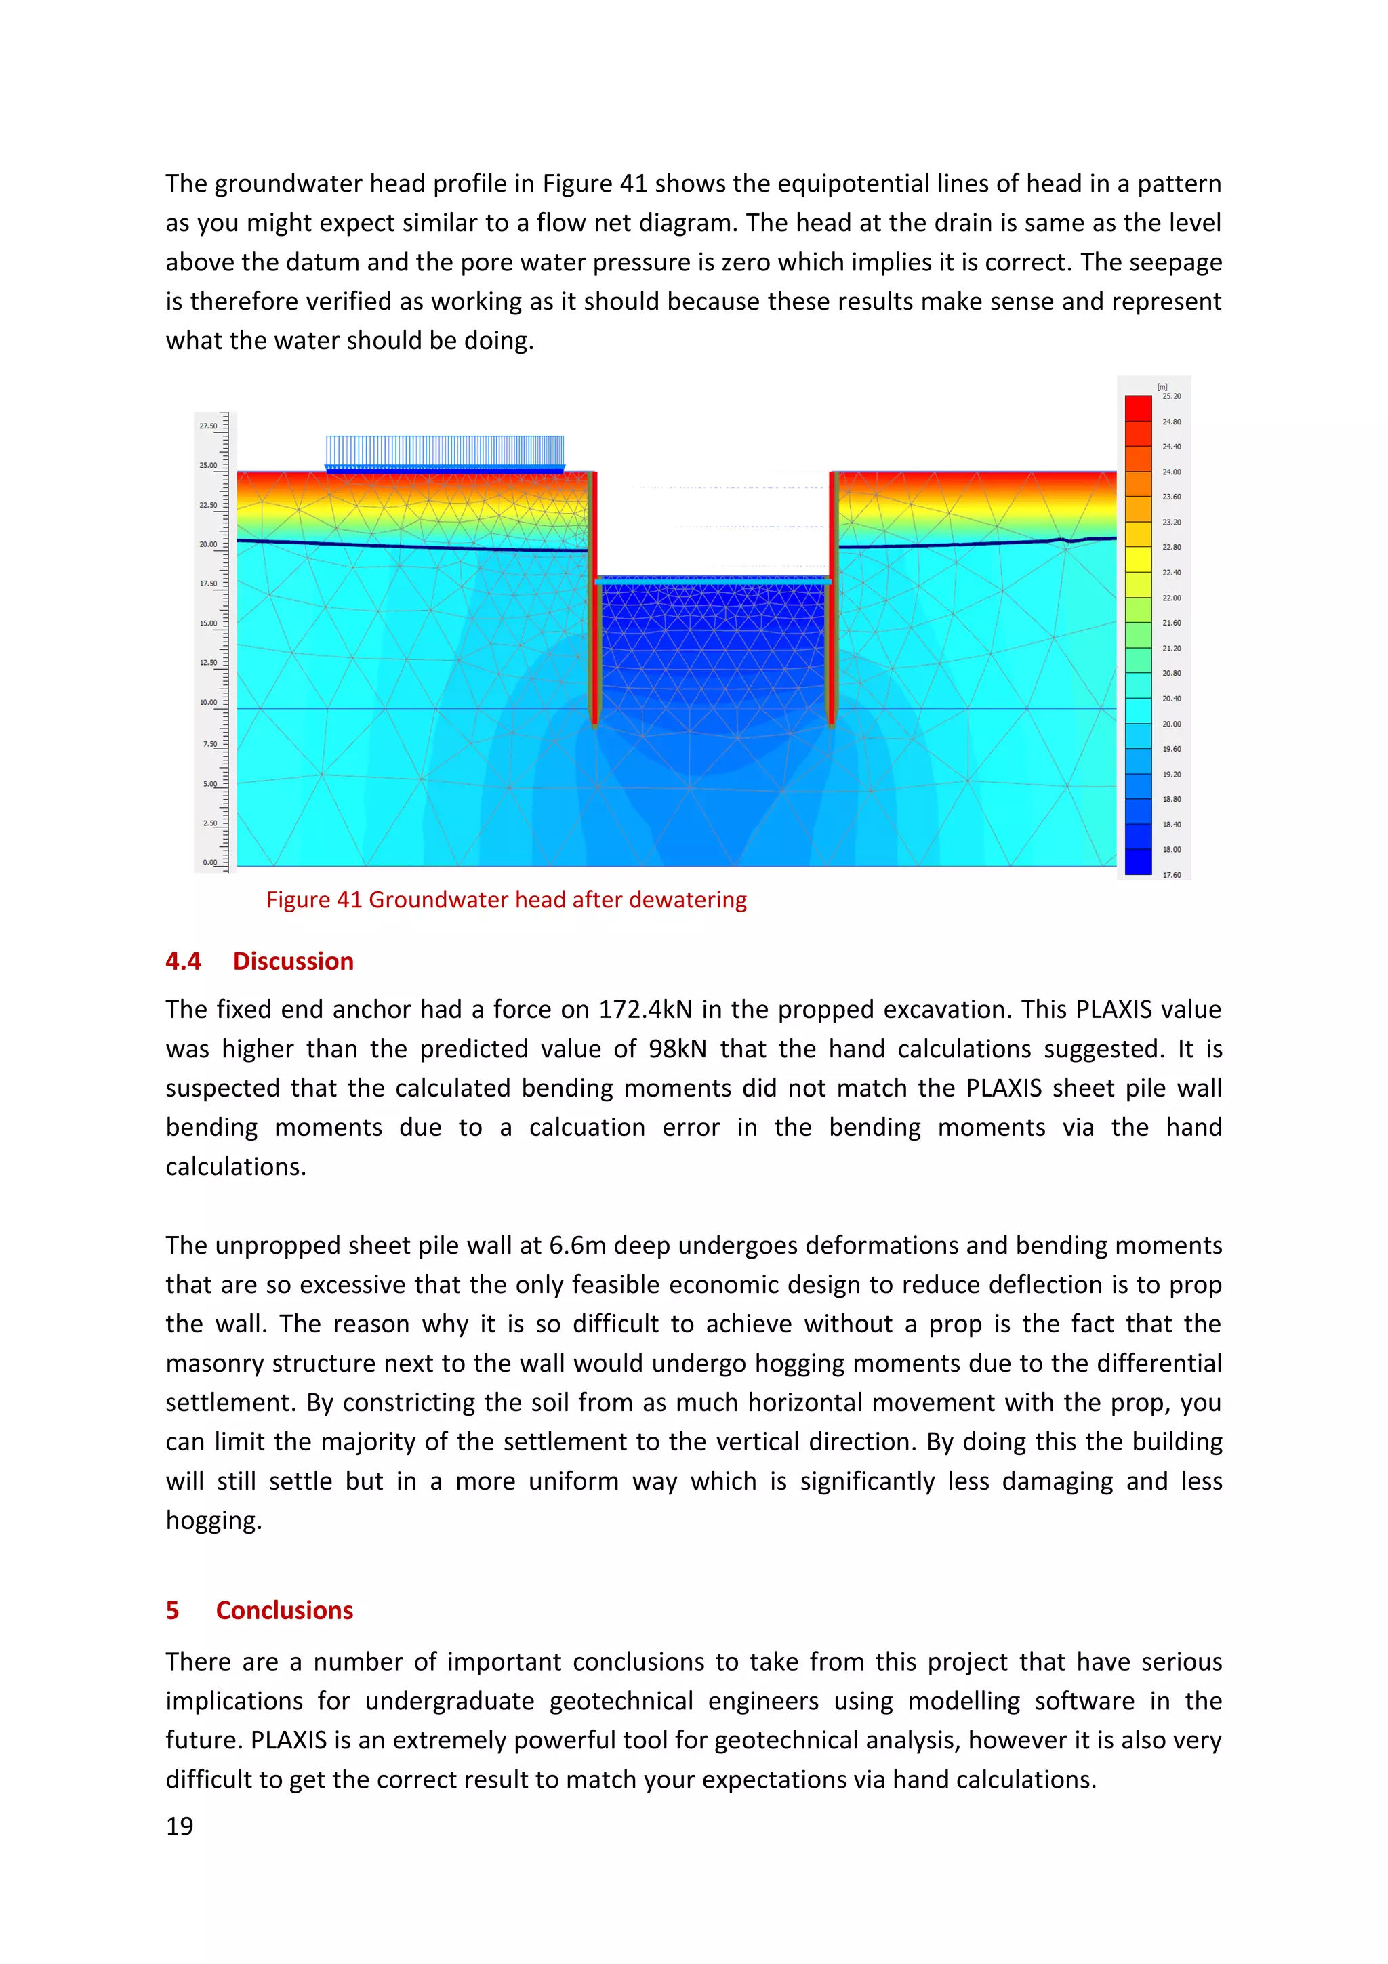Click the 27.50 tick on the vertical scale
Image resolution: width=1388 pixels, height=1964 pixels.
[209, 426]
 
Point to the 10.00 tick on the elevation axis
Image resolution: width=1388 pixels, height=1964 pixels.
[209, 702]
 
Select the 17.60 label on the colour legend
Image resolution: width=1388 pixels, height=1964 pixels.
[1172, 875]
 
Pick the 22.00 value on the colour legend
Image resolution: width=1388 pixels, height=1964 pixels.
[1172, 598]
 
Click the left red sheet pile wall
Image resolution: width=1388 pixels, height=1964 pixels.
[592, 599]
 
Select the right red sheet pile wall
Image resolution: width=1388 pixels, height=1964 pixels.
[832, 599]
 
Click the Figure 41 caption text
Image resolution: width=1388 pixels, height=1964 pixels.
[506, 900]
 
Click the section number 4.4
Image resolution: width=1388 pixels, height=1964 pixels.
[183, 962]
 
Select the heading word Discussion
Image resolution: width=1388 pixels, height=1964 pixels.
[293, 962]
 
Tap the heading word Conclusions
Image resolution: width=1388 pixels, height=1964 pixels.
[284, 1611]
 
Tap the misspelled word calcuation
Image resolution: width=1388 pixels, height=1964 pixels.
[587, 1128]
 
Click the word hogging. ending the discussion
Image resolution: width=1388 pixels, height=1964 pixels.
[213, 1520]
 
